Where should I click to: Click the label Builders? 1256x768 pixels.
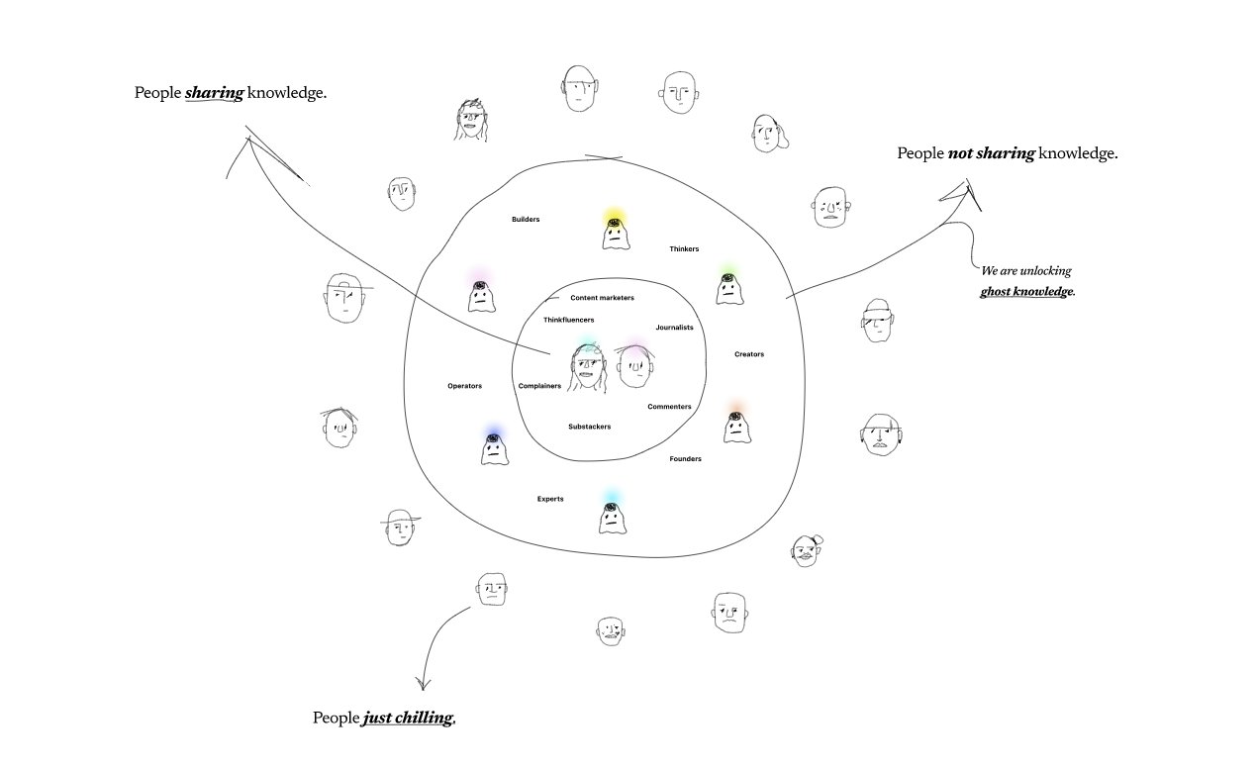pos(526,220)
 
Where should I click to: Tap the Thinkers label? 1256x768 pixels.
pos(684,249)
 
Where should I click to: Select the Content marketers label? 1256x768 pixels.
pos(602,298)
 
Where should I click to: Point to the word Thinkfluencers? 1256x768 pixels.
pos(568,320)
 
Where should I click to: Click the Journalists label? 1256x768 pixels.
pos(674,328)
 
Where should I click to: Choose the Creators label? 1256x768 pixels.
pos(749,354)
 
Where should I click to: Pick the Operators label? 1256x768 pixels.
pos(464,386)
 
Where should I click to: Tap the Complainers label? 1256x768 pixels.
pos(539,386)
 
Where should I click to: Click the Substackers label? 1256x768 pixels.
pos(589,427)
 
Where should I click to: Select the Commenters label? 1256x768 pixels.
pos(669,407)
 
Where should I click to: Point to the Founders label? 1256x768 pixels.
pos(685,459)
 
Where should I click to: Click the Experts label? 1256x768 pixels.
pos(550,499)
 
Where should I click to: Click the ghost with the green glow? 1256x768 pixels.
pos(728,288)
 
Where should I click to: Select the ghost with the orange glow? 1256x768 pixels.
pos(736,427)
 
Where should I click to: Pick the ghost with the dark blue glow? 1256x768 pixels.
pos(494,449)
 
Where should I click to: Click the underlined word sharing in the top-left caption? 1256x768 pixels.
pos(215,93)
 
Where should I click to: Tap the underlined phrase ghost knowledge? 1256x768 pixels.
pos(1026,291)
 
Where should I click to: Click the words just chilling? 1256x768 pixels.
pos(408,719)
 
